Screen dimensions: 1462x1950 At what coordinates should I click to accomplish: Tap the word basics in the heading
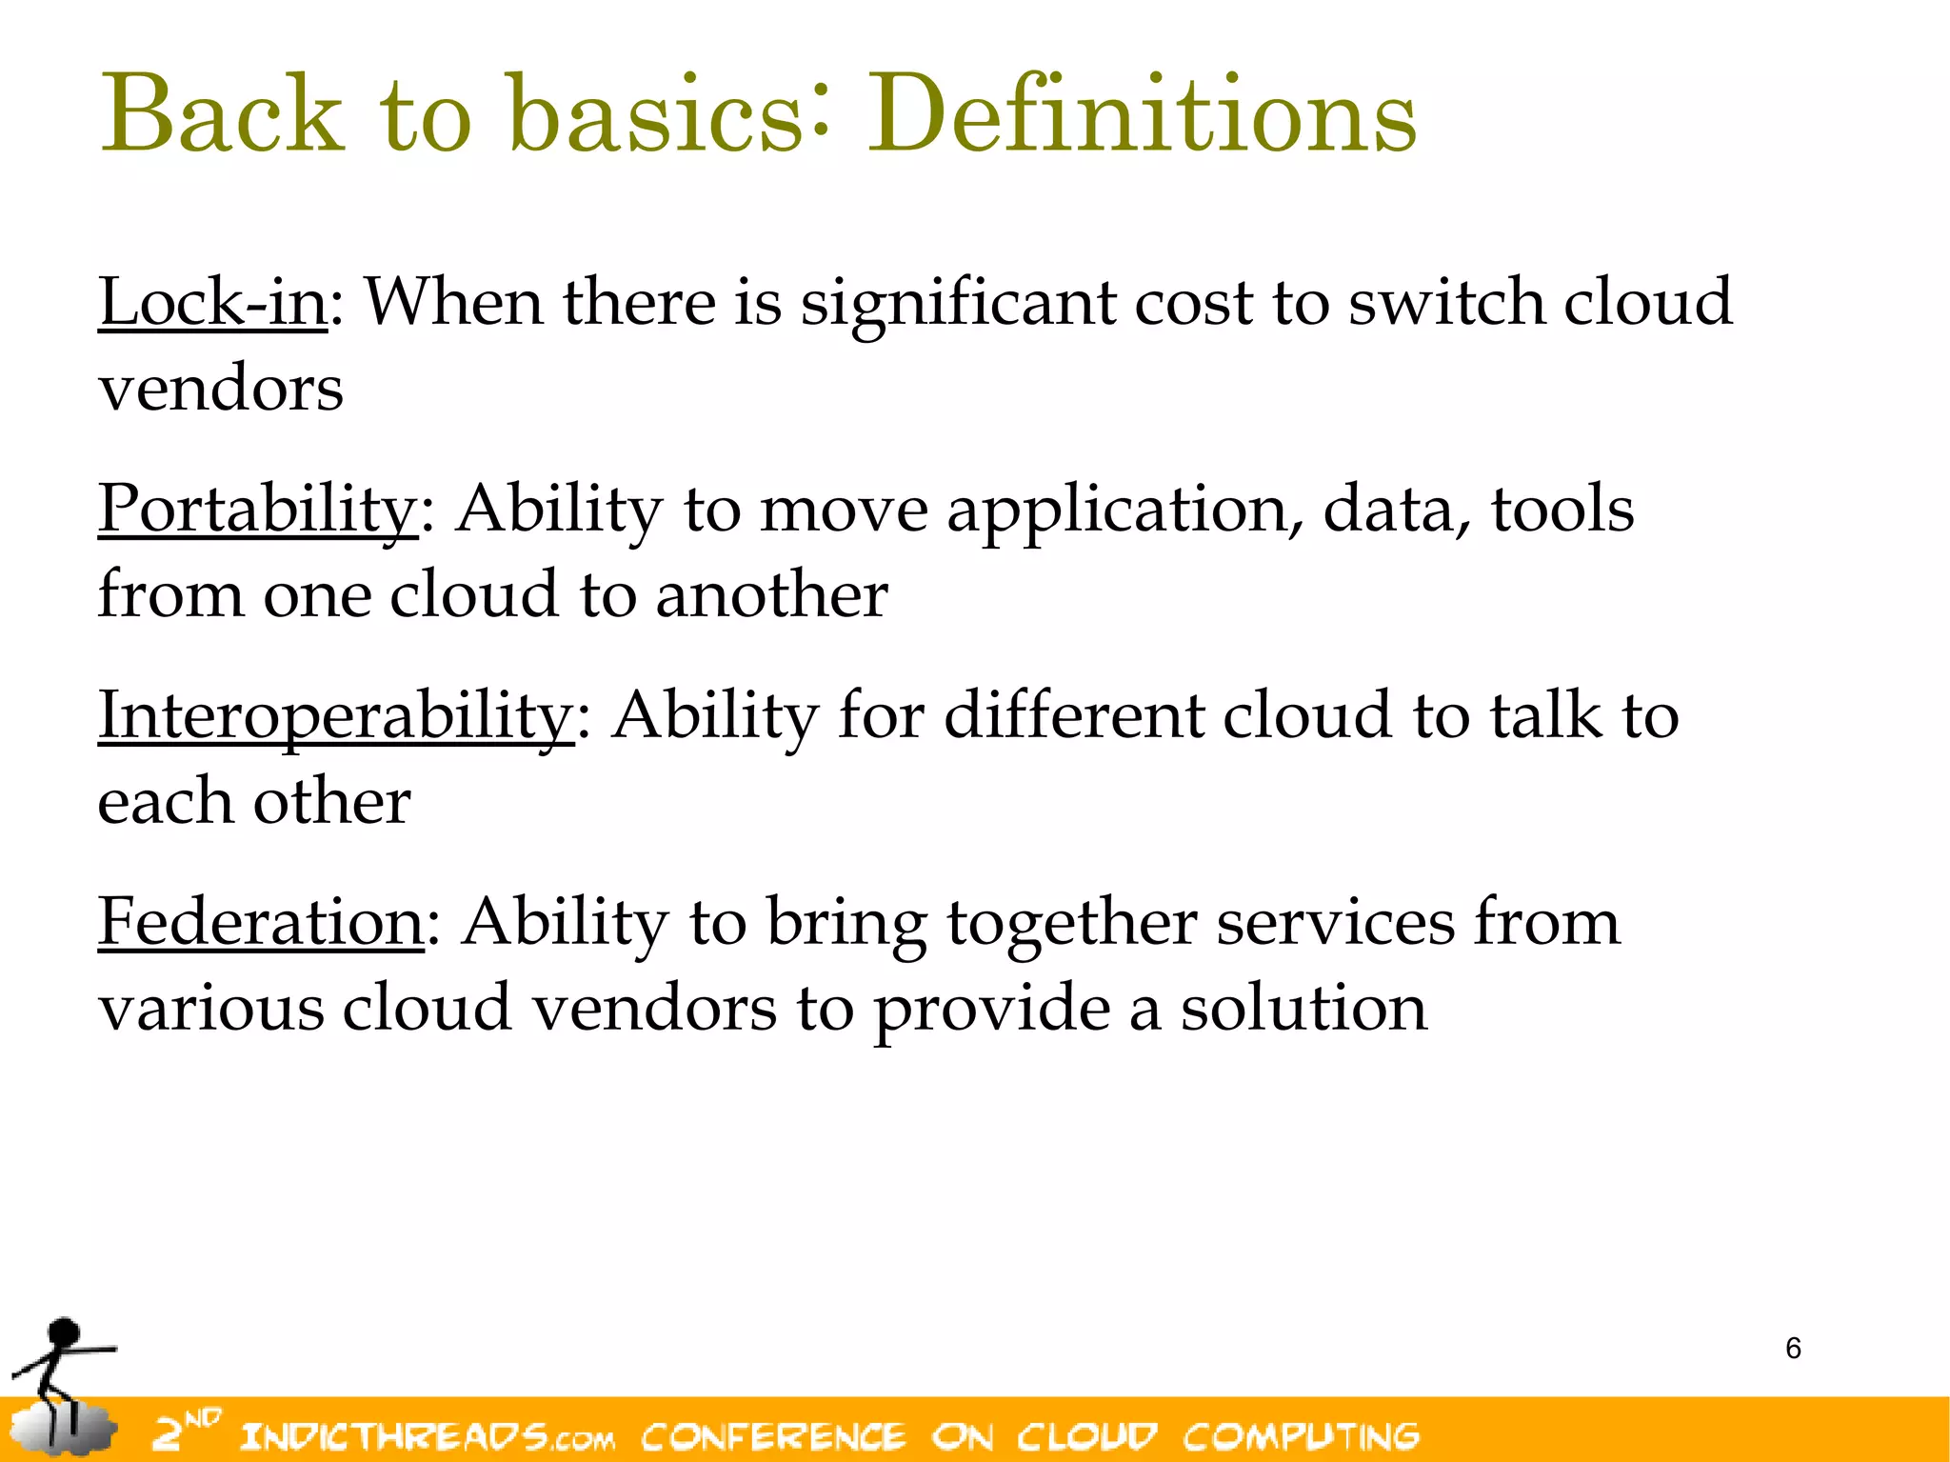[656, 116]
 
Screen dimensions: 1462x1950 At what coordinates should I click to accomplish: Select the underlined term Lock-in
[213, 303]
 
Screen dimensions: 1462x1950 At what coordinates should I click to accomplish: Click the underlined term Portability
[257, 510]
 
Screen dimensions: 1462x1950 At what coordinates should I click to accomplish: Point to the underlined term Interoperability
[335, 716]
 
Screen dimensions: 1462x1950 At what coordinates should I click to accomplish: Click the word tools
[1562, 510]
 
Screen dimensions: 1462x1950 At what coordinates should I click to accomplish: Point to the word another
[771, 596]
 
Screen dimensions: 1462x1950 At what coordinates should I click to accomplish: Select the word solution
[1303, 1009]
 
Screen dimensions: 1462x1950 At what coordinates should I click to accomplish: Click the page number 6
[1793, 1349]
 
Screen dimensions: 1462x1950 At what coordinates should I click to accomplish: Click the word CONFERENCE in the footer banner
[773, 1436]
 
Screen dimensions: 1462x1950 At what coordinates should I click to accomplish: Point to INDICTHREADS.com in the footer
[428, 1436]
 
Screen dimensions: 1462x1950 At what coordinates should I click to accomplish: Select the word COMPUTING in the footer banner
[1301, 1436]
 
